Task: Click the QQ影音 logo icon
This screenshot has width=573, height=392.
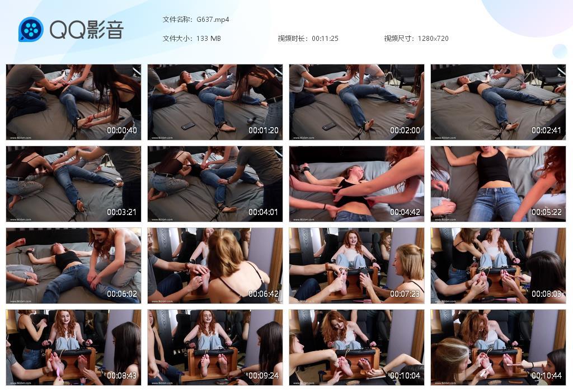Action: [31, 30]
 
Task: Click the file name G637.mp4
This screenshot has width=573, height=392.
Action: [213, 20]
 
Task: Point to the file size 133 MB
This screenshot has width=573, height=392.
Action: [209, 39]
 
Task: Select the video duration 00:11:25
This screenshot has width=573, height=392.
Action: [325, 39]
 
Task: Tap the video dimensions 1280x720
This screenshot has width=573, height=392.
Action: [433, 39]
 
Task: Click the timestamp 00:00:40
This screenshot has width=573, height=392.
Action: [122, 130]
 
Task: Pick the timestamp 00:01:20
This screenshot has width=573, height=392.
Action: [264, 130]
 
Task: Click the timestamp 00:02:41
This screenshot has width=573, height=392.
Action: [546, 130]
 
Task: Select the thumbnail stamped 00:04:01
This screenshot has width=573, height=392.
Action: [215, 184]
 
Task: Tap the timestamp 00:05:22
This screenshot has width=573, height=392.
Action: [546, 212]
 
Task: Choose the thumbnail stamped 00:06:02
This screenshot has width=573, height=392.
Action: [73, 265]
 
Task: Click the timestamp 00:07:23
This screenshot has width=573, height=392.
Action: [405, 294]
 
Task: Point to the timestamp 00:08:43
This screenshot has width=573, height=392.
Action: [122, 376]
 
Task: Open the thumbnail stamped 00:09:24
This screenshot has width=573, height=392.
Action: [215, 347]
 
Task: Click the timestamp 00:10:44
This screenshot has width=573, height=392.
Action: [546, 376]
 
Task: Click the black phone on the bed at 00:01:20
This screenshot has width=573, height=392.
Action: [188, 126]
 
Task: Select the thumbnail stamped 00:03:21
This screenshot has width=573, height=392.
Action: [73, 184]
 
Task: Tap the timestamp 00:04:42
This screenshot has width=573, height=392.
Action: [405, 212]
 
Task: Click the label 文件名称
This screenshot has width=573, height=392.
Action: [177, 20]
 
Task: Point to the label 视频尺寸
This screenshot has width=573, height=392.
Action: [398, 39]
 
